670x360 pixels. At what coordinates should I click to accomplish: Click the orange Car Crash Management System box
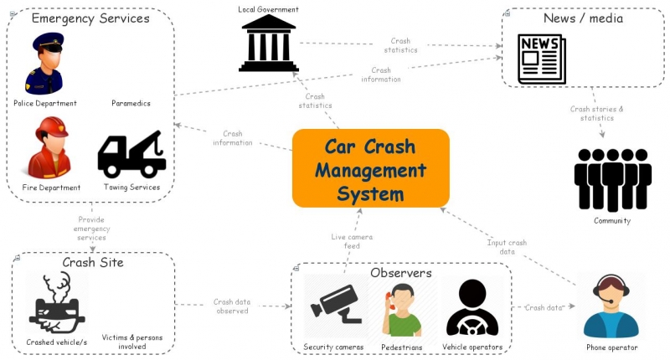coord(370,168)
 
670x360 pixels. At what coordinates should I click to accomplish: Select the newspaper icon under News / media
coord(541,59)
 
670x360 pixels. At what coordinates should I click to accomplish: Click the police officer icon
coord(44,64)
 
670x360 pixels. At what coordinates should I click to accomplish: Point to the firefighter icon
coord(44,148)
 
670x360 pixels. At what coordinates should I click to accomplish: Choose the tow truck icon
coord(131,153)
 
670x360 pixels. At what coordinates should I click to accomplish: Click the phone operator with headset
coord(611,305)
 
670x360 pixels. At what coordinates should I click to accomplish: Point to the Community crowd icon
coord(612,179)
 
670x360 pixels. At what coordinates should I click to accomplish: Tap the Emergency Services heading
coord(90,18)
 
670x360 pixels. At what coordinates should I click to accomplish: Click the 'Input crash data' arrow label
coord(507,247)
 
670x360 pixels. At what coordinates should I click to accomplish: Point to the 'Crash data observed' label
coord(231,306)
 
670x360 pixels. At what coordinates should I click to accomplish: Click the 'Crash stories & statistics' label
coord(597,114)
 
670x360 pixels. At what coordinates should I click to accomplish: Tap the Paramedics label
coord(131,104)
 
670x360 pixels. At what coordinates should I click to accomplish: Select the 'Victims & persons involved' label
coord(132,342)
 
